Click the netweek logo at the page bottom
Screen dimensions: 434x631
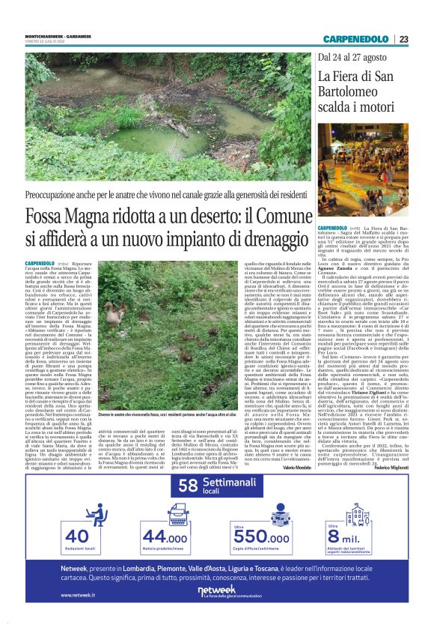(216, 591)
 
